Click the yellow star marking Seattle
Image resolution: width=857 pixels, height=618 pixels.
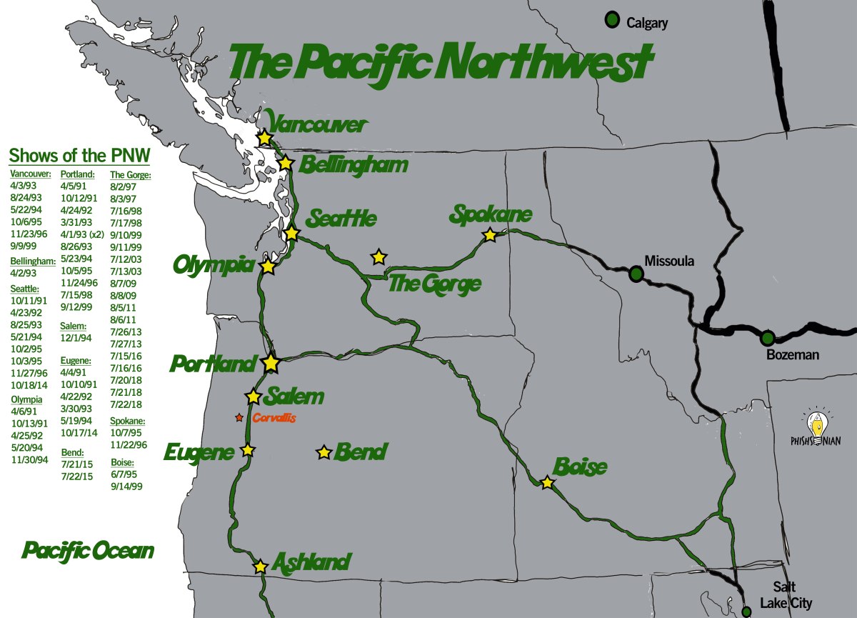point(291,233)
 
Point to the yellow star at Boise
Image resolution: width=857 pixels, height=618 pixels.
point(547,483)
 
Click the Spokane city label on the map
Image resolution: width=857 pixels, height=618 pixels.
point(491,214)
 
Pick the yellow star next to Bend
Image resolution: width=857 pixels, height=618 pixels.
point(324,452)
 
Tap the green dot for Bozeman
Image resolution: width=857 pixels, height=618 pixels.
point(767,337)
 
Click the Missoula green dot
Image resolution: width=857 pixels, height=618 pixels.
point(636,272)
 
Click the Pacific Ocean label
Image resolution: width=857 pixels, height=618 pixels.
point(88,551)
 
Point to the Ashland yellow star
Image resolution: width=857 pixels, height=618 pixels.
point(260,567)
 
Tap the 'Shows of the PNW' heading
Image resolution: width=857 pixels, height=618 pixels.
point(79,156)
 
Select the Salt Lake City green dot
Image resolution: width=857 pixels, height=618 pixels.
point(746,612)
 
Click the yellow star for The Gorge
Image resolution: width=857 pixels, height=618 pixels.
point(379,256)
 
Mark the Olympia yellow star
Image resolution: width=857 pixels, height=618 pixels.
point(267,266)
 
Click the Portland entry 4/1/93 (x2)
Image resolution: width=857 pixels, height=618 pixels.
point(83,234)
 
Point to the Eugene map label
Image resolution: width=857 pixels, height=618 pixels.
point(199,452)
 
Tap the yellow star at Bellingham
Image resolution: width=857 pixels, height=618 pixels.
point(286,163)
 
